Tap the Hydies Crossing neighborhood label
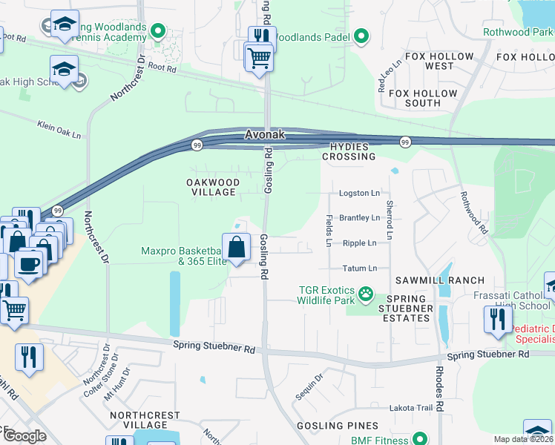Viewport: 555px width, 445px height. [348, 151]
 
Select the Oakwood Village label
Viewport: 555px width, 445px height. [212, 188]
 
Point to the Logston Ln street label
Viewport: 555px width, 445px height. [359, 193]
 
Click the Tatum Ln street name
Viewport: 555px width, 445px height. [360, 268]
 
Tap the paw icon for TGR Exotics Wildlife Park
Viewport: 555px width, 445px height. [366, 294]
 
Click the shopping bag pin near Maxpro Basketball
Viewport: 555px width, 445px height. [236, 247]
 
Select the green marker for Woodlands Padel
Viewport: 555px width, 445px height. [361, 35]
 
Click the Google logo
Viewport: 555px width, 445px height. [24, 435]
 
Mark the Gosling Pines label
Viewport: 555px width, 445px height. [337, 426]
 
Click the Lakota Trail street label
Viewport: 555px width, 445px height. [410, 408]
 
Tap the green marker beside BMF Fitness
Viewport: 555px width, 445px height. [418, 439]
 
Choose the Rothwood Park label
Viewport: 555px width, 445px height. [516, 32]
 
